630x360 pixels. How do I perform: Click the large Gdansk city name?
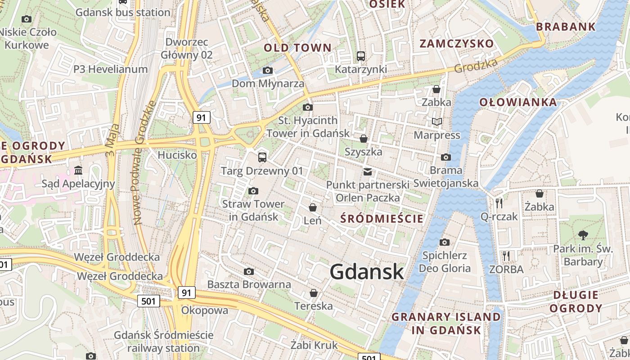pyautogui.click(x=367, y=272)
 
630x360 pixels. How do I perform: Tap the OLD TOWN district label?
pyautogui.click(x=297, y=48)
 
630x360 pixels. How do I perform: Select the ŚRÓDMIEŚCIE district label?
pyautogui.click(x=382, y=219)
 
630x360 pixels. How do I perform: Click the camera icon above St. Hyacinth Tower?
pyautogui.click(x=308, y=107)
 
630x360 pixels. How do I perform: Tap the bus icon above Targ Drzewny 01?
pyautogui.click(x=262, y=157)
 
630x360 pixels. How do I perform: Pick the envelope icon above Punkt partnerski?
pyautogui.click(x=368, y=171)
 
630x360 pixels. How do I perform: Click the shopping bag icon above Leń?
pyautogui.click(x=312, y=207)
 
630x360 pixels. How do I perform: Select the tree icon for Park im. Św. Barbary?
pyautogui.click(x=583, y=235)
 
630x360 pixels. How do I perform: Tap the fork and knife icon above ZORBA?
pyautogui.click(x=506, y=256)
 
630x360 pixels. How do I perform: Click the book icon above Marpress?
pyautogui.click(x=436, y=121)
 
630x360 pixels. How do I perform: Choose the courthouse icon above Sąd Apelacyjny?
pyautogui.click(x=79, y=170)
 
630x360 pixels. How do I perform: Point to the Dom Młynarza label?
pyautogui.click(x=268, y=84)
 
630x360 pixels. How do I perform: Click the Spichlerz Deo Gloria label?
pyautogui.click(x=445, y=262)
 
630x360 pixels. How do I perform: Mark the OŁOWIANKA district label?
pyautogui.click(x=518, y=102)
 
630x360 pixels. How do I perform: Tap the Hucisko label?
pyautogui.click(x=177, y=155)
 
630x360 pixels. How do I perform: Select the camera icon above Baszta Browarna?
pyautogui.click(x=249, y=271)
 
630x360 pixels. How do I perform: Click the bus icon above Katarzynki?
pyautogui.click(x=361, y=56)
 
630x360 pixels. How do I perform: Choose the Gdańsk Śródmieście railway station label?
pyautogui.click(x=163, y=342)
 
